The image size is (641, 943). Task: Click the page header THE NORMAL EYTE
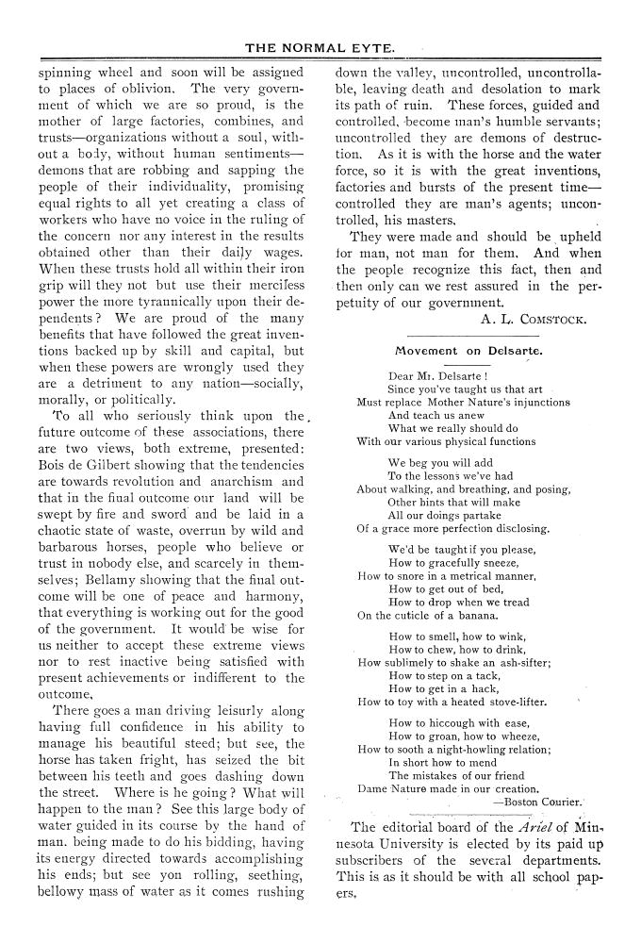coord(320,46)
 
